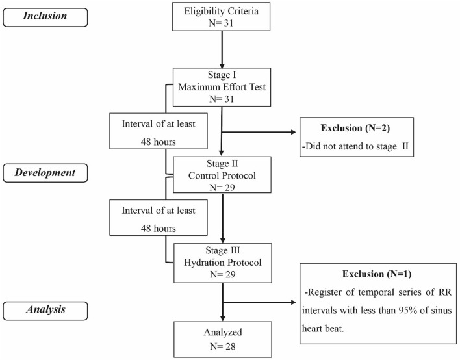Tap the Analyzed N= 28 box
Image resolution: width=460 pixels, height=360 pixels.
pos(222,335)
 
